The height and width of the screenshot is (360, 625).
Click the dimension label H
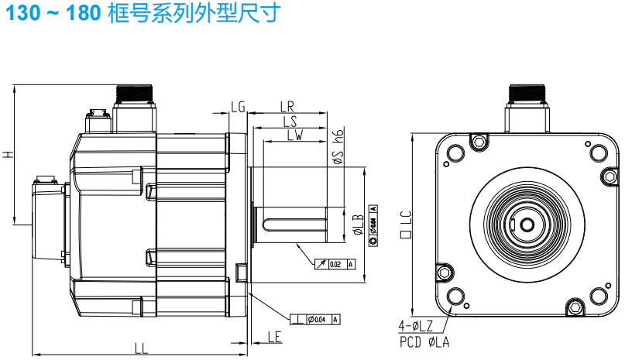(x=8, y=155)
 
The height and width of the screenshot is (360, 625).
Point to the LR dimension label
(x=287, y=106)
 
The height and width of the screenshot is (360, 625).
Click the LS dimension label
(x=290, y=122)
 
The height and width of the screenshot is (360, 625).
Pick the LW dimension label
(x=294, y=135)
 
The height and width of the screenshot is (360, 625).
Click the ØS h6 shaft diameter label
(x=338, y=147)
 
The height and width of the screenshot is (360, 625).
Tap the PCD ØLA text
(x=424, y=340)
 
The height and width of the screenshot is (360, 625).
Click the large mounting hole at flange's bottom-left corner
(x=455, y=297)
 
